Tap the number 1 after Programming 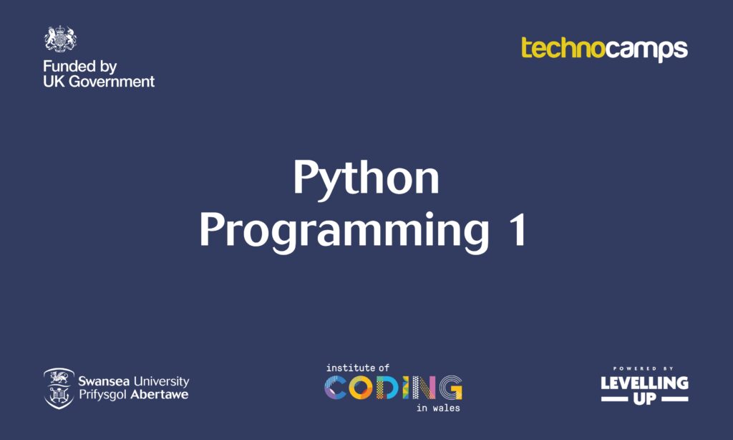516,231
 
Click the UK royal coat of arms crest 60,39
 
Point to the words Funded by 79,67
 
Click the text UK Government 99,82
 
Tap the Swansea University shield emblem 58,388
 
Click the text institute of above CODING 357,368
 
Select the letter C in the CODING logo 336,387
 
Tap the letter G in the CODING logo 450,387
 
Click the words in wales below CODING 438,408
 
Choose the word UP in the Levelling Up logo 644,398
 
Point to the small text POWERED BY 644,368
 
